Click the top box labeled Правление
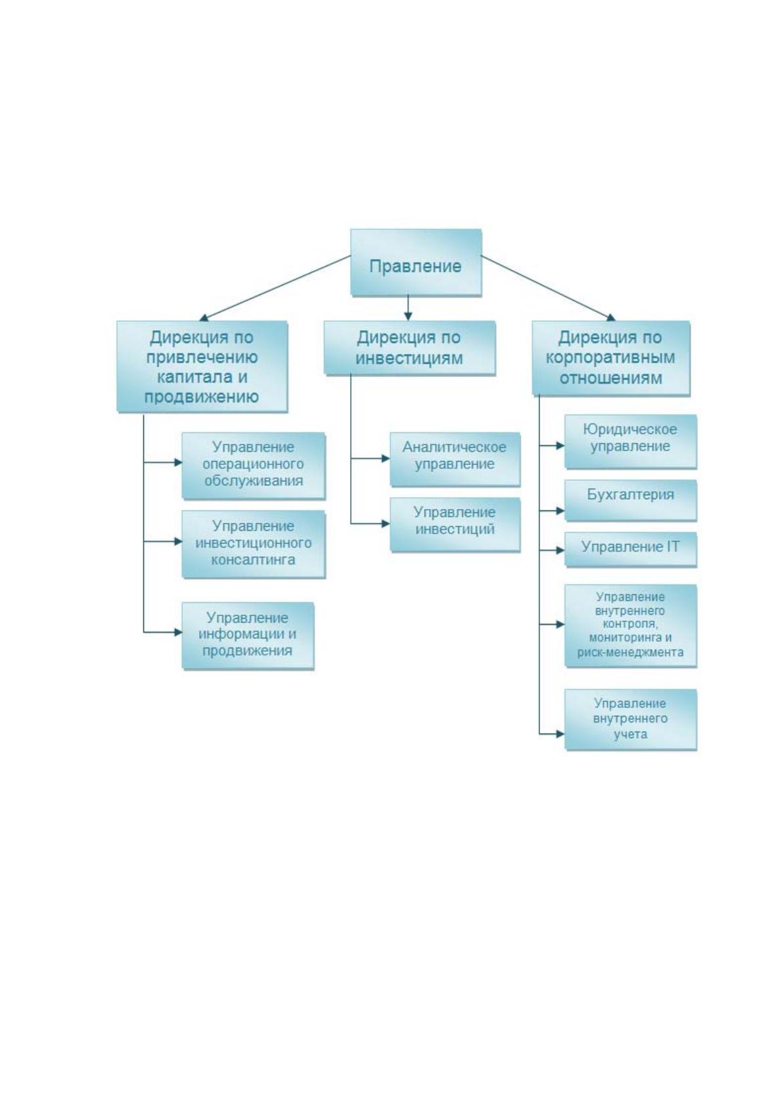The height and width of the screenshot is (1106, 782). (x=415, y=262)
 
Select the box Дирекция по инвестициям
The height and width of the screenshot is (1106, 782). (x=409, y=347)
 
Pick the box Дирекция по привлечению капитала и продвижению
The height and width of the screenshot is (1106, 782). (x=202, y=366)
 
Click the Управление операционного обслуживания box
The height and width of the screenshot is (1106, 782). (x=254, y=466)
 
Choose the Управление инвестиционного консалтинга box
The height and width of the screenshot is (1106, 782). (x=254, y=544)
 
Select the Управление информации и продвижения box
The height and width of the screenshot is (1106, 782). (x=248, y=636)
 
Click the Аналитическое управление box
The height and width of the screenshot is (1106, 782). (x=455, y=459)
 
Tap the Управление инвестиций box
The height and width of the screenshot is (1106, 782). (x=455, y=524)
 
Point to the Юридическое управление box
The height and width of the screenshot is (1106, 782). (x=630, y=441)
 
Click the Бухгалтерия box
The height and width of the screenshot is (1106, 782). (x=630, y=500)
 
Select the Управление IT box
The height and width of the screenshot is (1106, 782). (x=630, y=549)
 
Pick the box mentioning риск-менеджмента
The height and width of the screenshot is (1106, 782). (x=630, y=626)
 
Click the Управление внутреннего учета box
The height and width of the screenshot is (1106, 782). (x=630, y=720)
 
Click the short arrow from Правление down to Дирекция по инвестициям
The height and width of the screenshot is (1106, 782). (x=407, y=308)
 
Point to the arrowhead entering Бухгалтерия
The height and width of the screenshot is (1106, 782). (x=560, y=511)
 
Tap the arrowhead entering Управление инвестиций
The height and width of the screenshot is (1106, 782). (x=385, y=524)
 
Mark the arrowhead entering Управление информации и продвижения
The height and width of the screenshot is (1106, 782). (x=178, y=632)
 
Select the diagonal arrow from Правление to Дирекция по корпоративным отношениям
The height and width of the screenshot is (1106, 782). (x=548, y=288)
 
